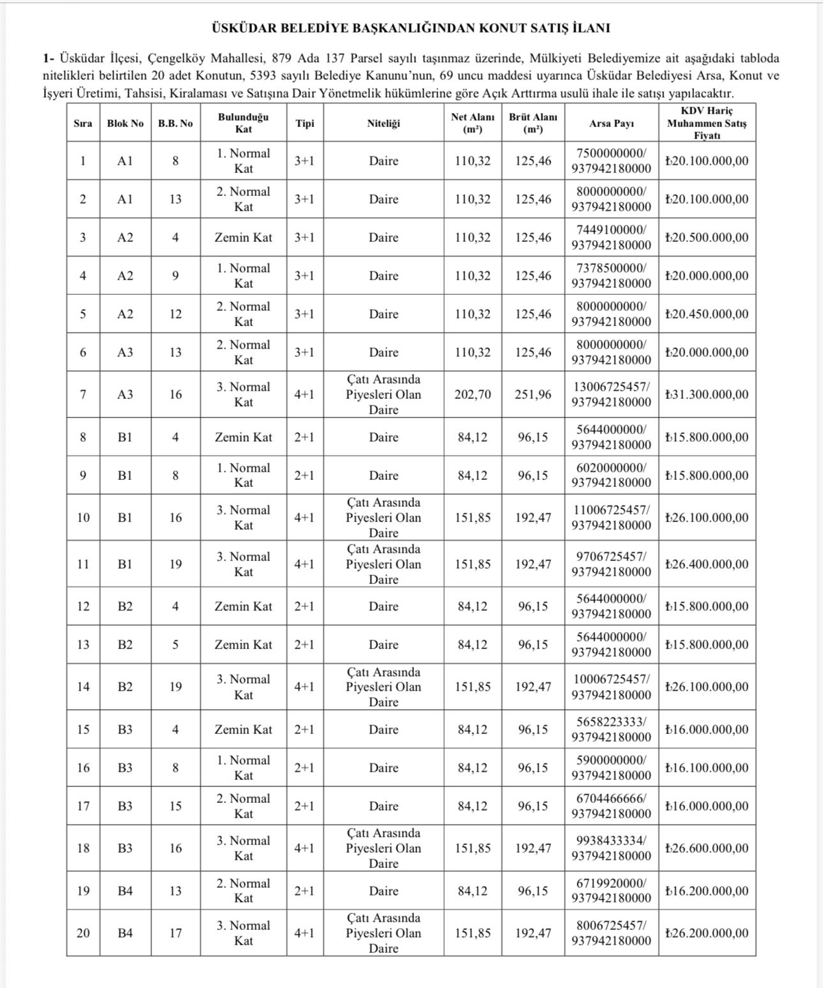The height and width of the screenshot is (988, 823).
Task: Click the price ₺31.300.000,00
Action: (707, 394)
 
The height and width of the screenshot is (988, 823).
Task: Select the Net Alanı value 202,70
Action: (473, 394)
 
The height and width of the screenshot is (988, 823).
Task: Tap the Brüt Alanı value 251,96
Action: (533, 394)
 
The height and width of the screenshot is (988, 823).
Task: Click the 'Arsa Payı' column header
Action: (611, 124)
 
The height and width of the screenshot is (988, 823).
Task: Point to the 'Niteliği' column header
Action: (383, 124)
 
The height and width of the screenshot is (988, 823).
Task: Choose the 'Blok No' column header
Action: (125, 124)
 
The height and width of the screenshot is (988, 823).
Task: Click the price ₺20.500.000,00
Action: (707, 237)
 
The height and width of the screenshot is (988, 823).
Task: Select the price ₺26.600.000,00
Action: (707, 848)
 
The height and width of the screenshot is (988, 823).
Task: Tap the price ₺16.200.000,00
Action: (707, 891)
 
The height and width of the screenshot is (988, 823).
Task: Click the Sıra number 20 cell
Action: (84, 933)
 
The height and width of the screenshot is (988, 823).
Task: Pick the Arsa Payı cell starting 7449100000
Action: (611, 237)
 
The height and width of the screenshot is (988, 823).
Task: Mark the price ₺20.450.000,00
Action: (707, 314)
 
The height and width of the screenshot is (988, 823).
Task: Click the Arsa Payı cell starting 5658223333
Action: (611, 730)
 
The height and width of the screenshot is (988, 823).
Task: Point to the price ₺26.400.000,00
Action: (707, 564)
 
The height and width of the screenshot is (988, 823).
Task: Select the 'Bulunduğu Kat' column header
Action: (243, 123)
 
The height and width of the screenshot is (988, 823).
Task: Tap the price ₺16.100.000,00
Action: (707, 768)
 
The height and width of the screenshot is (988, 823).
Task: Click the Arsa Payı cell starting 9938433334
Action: (611, 848)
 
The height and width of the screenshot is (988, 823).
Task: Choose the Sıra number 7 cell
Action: (83, 394)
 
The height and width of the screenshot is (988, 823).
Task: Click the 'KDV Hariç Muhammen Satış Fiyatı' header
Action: (707, 123)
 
